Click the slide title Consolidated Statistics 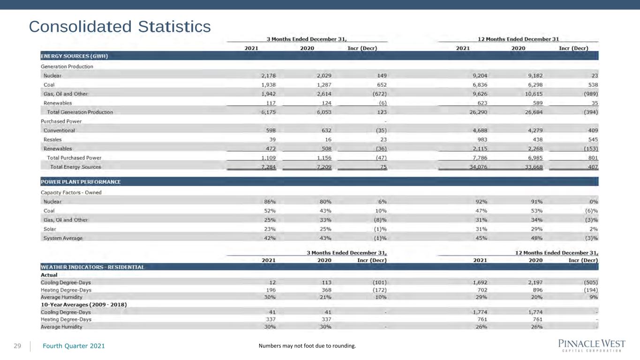pyautogui.click(x=120, y=27)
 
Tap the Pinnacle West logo pyautogui.click(x=592, y=345)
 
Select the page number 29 pyautogui.click(x=17, y=346)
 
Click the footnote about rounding pyautogui.click(x=307, y=346)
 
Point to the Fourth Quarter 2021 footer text pyautogui.click(x=74, y=346)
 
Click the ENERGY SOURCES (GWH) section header pyautogui.click(x=74, y=56)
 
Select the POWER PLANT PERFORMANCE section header pyautogui.click(x=81, y=182)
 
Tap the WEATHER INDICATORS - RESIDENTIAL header pyautogui.click(x=92, y=267)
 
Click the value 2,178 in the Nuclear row pyautogui.click(x=268, y=76)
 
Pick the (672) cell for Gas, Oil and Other pyautogui.click(x=379, y=94)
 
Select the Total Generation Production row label pyautogui.click(x=80, y=112)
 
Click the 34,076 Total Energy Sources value pyautogui.click(x=478, y=167)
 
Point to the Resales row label pyautogui.click(x=53, y=140)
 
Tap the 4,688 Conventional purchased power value pyautogui.click(x=480, y=131)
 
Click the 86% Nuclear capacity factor pyautogui.click(x=270, y=202)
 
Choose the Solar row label pyautogui.click(x=50, y=229)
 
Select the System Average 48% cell pyautogui.click(x=536, y=238)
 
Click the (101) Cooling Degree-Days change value pyautogui.click(x=379, y=283)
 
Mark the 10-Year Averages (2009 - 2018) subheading pyautogui.click(x=84, y=305)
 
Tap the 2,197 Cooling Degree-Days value pyautogui.click(x=535, y=283)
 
